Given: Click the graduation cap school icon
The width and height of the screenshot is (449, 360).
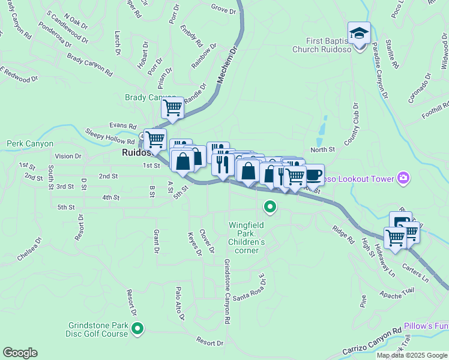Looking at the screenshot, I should (x=359, y=32).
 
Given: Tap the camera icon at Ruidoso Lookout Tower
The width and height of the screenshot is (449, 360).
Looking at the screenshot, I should (x=403, y=178).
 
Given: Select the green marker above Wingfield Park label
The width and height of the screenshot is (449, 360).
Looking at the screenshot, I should (x=270, y=208).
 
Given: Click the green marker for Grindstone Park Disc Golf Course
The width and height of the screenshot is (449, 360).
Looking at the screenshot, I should (x=137, y=328).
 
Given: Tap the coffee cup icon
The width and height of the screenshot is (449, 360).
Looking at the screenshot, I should (x=313, y=175).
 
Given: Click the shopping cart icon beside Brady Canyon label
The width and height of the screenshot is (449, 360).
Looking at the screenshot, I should (x=172, y=108).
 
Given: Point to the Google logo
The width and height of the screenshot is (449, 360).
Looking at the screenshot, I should (x=20, y=353).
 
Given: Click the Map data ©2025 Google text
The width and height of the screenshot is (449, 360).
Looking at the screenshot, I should (x=411, y=355).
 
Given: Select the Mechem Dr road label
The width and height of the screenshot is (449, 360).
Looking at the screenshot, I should (x=226, y=67).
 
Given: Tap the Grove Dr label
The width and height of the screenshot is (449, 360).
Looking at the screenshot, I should (x=223, y=8).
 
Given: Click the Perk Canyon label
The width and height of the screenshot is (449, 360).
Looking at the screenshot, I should (x=30, y=144).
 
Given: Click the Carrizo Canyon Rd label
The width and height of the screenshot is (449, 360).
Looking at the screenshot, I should (x=372, y=341).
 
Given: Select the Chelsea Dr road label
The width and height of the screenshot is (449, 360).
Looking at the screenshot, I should (x=29, y=249).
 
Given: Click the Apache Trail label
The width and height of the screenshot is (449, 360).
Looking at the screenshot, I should (x=397, y=294).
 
